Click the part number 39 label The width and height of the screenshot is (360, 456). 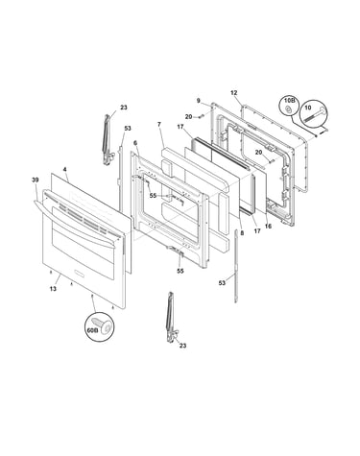click(x=35, y=180)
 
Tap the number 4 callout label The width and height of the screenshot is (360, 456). click(x=65, y=169)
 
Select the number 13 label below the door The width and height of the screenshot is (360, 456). click(x=53, y=289)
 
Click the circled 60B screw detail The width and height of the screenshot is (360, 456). click(x=100, y=326)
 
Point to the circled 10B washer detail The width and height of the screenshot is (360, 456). click(x=289, y=108)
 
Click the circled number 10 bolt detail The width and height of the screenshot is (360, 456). click(x=313, y=114)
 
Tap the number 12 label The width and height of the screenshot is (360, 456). click(x=234, y=93)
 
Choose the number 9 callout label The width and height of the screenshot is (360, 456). click(x=199, y=101)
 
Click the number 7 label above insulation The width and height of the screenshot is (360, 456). click(x=159, y=124)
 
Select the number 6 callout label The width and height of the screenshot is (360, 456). click(x=135, y=143)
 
